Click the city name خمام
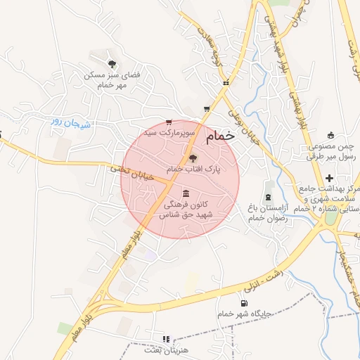(x=221, y=136)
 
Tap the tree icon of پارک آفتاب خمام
(x=193, y=158)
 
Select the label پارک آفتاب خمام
(x=193, y=169)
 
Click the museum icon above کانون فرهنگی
(x=186, y=193)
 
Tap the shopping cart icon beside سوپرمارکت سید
(x=168, y=121)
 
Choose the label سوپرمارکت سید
(x=169, y=131)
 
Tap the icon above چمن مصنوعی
(x=331, y=134)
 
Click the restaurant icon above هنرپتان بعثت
(x=166, y=339)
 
